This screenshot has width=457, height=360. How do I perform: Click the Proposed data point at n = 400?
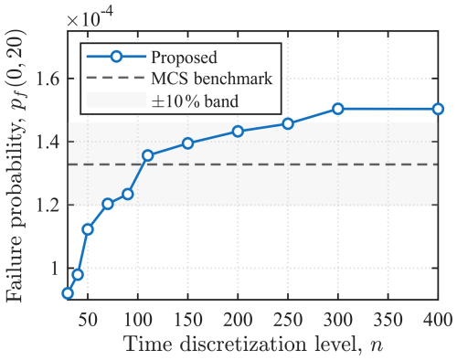438,109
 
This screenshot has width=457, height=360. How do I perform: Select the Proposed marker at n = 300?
338,109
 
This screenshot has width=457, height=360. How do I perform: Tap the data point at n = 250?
288,123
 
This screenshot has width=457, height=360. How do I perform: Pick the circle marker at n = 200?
238,132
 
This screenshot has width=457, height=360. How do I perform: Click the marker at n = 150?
188,143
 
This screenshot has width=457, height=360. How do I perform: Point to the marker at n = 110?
148,155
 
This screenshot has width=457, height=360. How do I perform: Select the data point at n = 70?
108,204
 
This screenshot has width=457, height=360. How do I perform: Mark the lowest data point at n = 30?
68,293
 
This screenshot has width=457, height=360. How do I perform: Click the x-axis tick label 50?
88,321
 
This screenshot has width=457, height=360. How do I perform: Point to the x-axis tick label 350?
388,321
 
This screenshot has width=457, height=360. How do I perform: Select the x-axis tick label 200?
238,321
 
